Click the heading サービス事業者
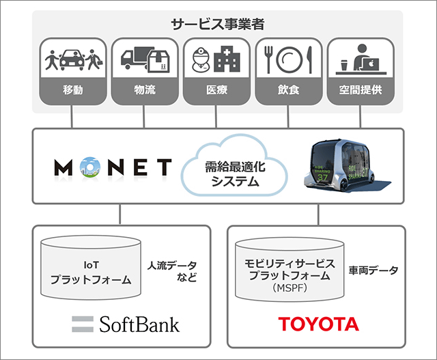[217, 25]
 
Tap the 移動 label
[73, 89]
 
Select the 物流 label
[145, 89]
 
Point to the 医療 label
[216, 89]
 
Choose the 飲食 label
[288, 89]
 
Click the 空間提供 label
[361, 89]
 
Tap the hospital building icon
[227, 59]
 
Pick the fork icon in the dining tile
[268, 59]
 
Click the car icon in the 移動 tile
[72, 59]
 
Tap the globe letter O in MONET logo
[90, 167]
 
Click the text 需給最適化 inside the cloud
[235, 167]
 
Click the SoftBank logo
[126, 324]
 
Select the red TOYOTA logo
[319, 324]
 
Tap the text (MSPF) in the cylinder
[290, 288]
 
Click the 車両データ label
[373, 271]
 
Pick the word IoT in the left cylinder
[91, 265]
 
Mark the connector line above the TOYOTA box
[318, 214]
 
